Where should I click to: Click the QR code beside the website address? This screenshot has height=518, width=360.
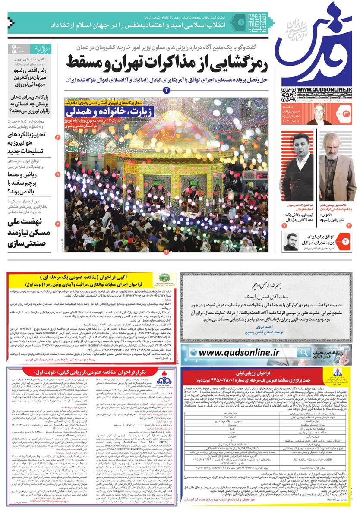coord(287,95)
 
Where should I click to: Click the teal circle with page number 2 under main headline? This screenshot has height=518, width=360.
coord(167,90)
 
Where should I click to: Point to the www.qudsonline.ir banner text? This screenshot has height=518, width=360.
coord(240,352)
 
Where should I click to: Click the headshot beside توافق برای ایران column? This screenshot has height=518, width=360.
coord(292,242)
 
